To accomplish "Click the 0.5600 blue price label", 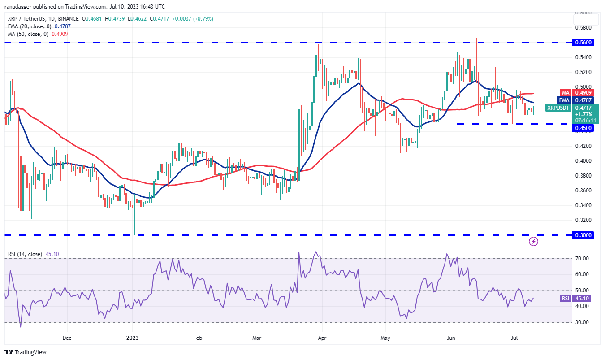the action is tap(583, 43).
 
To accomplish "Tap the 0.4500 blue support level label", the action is tap(583, 128).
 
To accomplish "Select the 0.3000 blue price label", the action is tap(583, 235).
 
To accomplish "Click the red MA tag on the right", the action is tap(566, 93).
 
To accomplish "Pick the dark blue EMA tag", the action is tap(564, 100).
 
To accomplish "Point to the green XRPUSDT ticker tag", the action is tap(558, 108).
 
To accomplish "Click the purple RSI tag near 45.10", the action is tap(565, 299).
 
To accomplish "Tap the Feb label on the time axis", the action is tap(198, 338).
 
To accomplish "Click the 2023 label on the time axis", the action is tap(132, 338).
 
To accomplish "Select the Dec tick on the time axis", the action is tap(67, 338).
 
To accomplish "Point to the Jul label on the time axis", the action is tap(514, 338).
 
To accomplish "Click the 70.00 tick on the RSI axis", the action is tap(582, 259).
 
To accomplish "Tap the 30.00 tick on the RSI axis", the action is tap(582, 322).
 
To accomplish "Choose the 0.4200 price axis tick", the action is tap(583, 146).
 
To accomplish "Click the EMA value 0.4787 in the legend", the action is tap(63, 26).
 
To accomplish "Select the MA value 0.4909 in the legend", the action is tap(60, 34).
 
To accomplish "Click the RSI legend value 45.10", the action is tap(52, 254).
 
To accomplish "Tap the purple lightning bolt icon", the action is tap(533, 241).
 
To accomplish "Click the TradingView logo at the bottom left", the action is tap(26, 352).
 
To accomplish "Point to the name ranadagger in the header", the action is tap(18, 6).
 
